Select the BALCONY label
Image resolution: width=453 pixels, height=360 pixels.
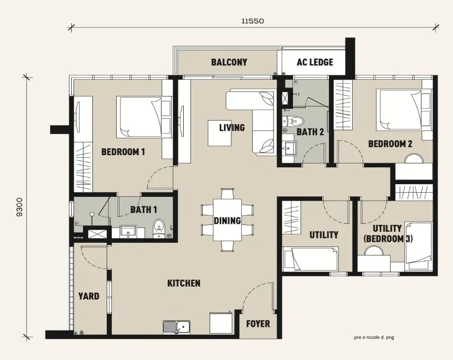coord(229,62)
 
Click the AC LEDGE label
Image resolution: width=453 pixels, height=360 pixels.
coord(315,62)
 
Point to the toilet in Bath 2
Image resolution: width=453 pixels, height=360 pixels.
coord(294,120)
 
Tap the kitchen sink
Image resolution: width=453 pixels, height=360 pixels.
coord(176,327)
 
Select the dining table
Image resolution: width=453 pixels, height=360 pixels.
coord(228,220)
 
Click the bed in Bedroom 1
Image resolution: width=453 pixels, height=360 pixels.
coord(140,117)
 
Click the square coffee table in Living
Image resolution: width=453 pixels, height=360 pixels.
coord(220,133)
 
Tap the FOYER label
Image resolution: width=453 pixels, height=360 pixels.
coord(258,324)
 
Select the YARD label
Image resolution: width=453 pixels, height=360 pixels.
coord(89,296)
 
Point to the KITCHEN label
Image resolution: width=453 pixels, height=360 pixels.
coord(184,283)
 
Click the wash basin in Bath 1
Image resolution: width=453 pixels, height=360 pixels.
coord(128,232)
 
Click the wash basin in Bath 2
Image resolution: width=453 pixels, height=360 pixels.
coord(288,147)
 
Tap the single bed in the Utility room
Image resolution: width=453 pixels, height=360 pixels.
coord(310,259)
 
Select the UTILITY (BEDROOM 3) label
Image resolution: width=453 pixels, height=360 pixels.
coord(388,234)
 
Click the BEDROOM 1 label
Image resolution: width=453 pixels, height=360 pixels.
coord(123,151)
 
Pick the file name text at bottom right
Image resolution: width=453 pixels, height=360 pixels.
coord(374,337)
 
